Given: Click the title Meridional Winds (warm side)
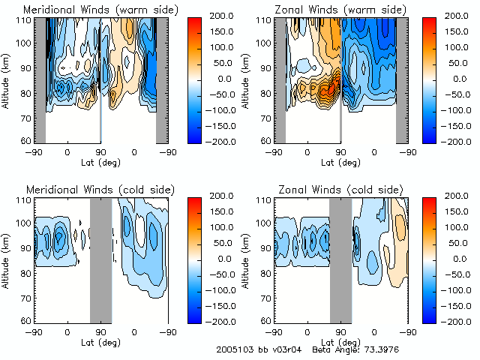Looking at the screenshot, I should [100, 10].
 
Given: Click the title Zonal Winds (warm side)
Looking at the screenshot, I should [340, 10].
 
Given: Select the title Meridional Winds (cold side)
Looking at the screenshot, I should [98, 190].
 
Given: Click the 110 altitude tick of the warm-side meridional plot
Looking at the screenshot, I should [25, 19].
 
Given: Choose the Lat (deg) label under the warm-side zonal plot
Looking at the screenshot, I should [341, 162].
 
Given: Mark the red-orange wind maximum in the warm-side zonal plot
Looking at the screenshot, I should [328, 91].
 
